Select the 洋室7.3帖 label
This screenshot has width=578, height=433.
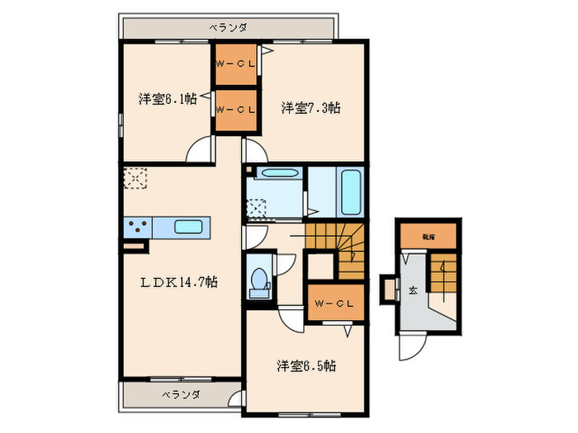(311, 107)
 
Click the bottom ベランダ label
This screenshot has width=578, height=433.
(180, 394)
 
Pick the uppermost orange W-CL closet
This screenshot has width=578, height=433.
(235, 64)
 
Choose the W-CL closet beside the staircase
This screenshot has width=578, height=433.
(334, 304)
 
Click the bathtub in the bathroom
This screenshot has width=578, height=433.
(350, 192)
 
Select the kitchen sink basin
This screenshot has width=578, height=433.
(191, 226)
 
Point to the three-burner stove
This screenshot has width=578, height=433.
(137, 226)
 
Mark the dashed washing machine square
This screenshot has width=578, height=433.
(259, 207)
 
